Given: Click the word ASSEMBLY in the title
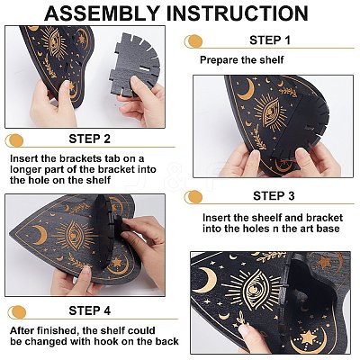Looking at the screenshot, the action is (x=102, y=13).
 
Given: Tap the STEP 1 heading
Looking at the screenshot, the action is (x=270, y=40).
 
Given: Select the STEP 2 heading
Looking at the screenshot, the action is (x=90, y=139).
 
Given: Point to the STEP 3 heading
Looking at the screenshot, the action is (x=274, y=196).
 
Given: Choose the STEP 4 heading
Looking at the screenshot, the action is (x=90, y=310).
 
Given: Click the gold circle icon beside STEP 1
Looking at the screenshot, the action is (x=193, y=41).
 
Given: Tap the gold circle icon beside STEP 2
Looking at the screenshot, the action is (x=14, y=140).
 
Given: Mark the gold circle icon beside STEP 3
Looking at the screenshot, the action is (x=193, y=197).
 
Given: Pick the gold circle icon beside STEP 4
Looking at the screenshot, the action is (x=17, y=312).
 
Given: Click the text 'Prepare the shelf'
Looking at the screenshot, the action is (x=242, y=59).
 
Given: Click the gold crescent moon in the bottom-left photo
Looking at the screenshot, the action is (x=40, y=235).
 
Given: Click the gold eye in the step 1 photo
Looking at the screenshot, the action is (x=271, y=113).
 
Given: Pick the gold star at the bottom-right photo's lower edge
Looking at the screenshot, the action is (x=309, y=337).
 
